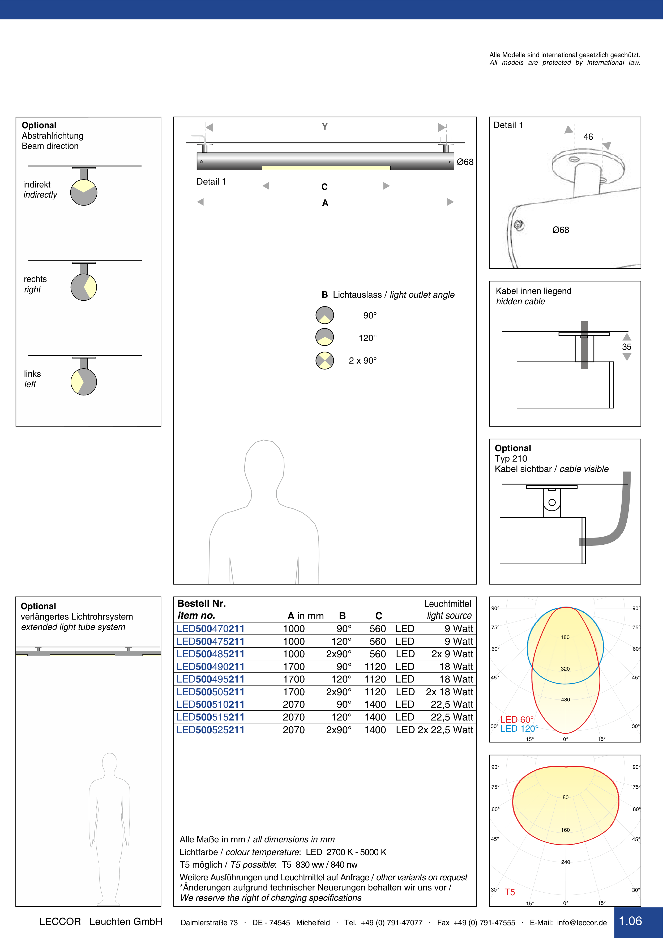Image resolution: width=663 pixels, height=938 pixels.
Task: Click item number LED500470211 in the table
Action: tap(210, 629)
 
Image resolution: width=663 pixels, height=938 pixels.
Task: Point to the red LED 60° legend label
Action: tap(517, 719)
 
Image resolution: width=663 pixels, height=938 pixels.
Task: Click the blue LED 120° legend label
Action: tap(519, 728)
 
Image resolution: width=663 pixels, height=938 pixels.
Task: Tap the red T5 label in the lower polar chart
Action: tap(510, 892)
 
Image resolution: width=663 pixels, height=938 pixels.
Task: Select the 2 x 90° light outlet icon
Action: tap(325, 360)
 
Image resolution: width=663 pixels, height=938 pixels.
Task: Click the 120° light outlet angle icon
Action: tap(325, 337)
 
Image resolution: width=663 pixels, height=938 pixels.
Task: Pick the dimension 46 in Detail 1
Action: tap(588, 137)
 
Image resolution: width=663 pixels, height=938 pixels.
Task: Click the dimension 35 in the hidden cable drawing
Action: tap(626, 347)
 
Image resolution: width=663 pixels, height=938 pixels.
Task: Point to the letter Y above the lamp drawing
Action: tap(325, 127)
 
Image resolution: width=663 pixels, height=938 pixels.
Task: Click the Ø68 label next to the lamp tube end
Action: tap(465, 162)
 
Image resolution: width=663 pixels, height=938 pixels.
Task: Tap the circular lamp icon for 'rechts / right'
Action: tap(84, 287)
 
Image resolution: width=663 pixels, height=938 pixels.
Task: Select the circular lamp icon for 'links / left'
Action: tap(84, 382)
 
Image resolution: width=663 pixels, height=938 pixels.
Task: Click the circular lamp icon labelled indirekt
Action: tap(84, 192)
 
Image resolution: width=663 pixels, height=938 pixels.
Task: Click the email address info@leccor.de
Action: tap(582, 923)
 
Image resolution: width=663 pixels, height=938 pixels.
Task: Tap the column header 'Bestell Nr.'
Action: tap(201, 603)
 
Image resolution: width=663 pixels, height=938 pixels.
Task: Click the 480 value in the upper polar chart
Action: tap(565, 700)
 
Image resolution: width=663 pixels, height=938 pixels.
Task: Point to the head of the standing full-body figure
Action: tap(109, 762)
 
